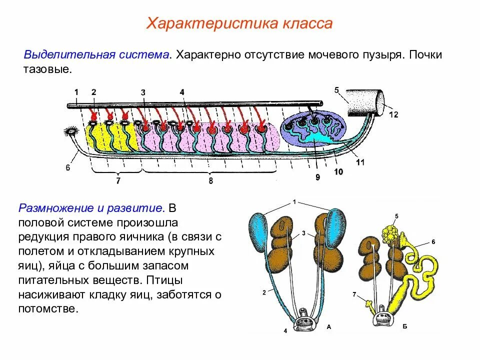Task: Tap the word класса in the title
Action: tap(308, 24)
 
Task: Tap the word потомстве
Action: tap(48, 308)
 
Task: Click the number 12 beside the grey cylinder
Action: tap(393, 114)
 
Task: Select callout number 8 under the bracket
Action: tap(210, 181)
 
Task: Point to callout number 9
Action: tap(317, 176)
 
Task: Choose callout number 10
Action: tap(338, 171)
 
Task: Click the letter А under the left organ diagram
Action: tap(329, 326)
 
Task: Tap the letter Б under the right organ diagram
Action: tap(404, 326)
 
